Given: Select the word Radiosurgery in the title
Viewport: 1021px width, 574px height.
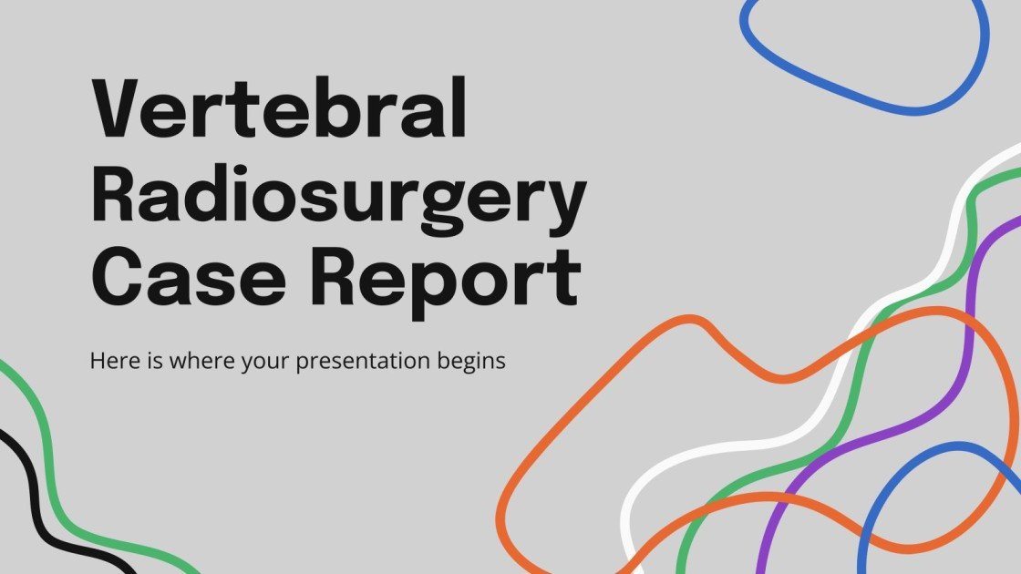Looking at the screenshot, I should tap(338, 200).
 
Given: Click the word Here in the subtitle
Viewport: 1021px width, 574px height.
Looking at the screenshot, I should tap(111, 361).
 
